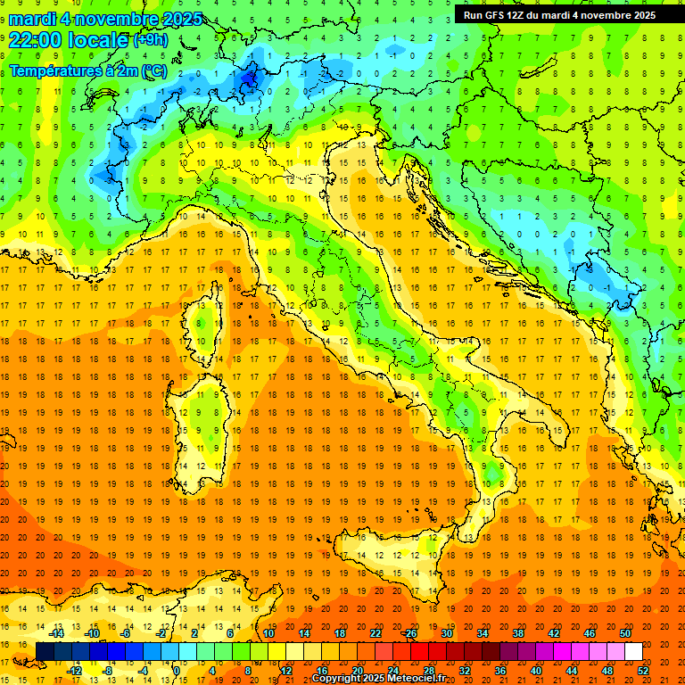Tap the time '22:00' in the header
[x=36, y=40]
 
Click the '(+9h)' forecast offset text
[x=149, y=40]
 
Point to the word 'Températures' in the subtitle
[x=53, y=70]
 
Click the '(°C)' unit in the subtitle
[x=153, y=70]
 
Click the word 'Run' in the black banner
[x=474, y=14]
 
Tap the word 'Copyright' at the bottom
[x=338, y=679]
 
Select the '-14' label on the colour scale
[x=57, y=632]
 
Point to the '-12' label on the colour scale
[x=75, y=671]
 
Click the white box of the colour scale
[x=633, y=651]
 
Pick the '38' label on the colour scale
[x=517, y=632]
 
